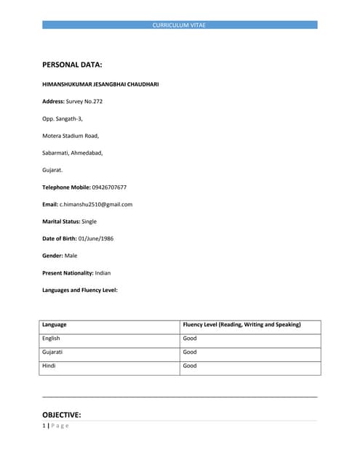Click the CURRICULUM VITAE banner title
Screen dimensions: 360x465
click(179, 25)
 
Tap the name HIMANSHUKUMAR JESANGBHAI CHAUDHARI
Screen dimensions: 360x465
click(100, 84)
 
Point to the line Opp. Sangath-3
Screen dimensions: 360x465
click(63, 118)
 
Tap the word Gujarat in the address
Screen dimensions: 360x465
click(52, 170)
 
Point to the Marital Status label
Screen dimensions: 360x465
click(60, 222)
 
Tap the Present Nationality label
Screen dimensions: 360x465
click(68, 273)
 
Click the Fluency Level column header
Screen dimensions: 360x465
click(241, 325)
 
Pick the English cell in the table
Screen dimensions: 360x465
click(52, 339)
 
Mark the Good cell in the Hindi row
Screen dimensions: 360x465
click(190, 366)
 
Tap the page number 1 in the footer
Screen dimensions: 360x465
click(44, 426)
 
